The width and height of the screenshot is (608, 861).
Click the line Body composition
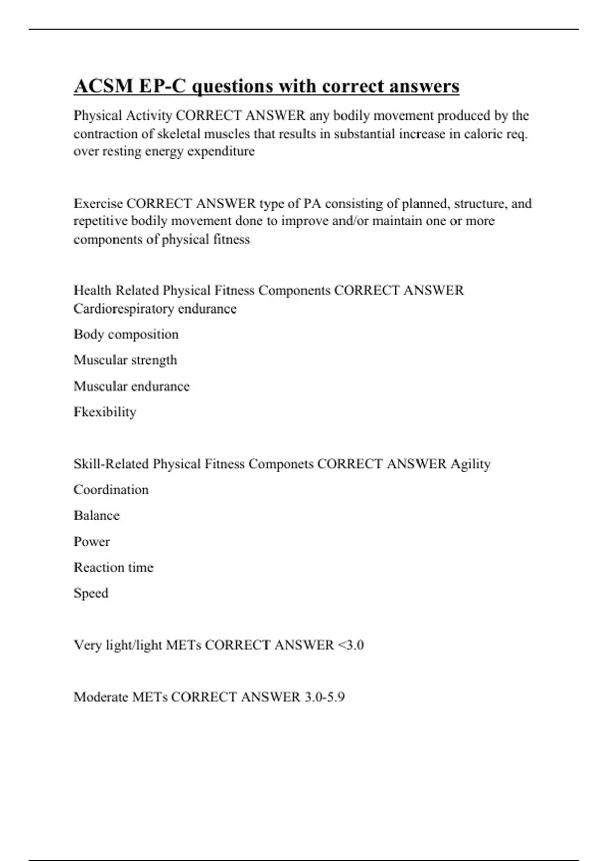point(126,334)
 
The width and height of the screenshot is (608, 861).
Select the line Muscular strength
point(125,360)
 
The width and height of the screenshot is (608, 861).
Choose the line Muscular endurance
point(132,386)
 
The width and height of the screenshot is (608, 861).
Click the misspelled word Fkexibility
point(105,412)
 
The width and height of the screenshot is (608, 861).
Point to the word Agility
point(471,464)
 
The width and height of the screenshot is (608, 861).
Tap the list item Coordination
point(111,490)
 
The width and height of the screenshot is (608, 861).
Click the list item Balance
point(97,515)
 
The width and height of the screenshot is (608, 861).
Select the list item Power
point(92,541)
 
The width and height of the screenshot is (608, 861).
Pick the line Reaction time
point(113,567)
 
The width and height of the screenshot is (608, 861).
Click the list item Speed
point(91,593)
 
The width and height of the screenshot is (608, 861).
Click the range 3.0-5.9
point(324,697)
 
